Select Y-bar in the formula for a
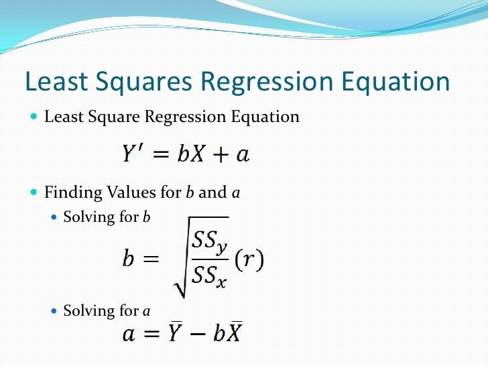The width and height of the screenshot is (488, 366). tap(175, 333)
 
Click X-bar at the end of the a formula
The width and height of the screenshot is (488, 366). tap(233, 333)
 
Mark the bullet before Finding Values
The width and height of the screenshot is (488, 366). tap(34, 193)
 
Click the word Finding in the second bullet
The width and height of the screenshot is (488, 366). tap(67, 193)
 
